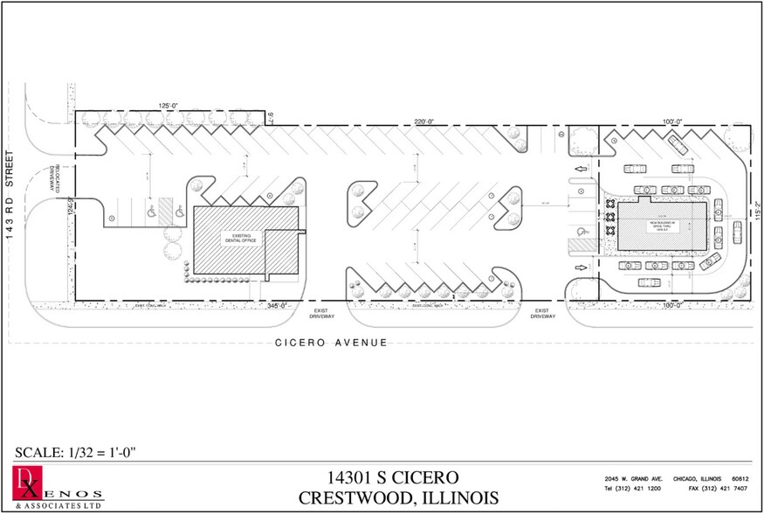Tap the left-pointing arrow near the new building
click(579, 170)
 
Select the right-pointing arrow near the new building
click(579, 267)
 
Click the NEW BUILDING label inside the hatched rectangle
click(664, 225)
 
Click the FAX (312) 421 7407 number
click(702, 491)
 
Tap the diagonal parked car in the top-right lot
click(677, 142)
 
